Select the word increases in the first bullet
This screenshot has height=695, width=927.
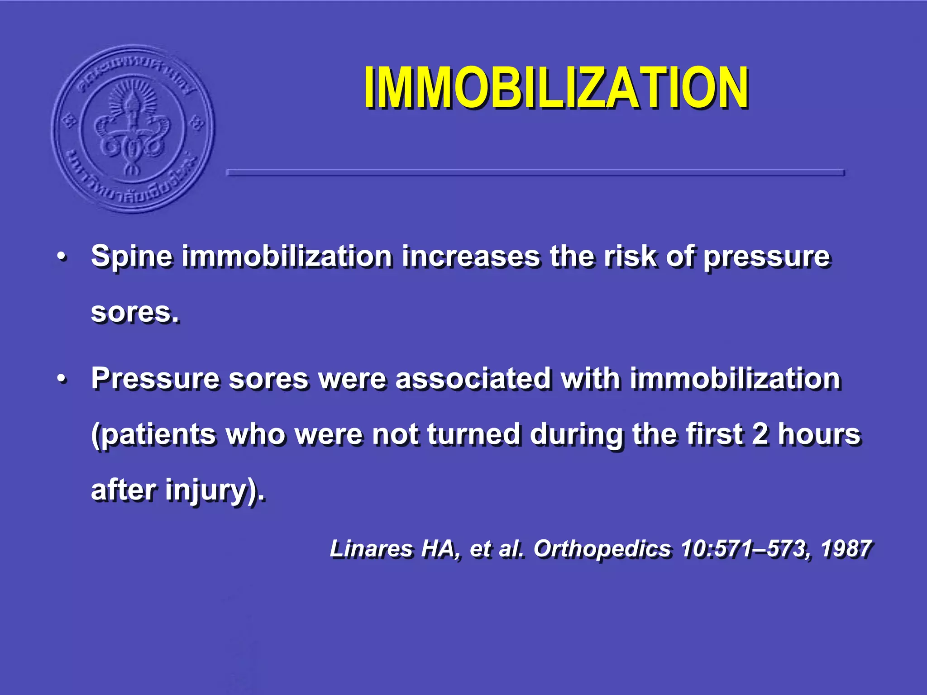471,257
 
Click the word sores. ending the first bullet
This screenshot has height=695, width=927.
135,312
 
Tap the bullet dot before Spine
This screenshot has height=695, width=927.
62,257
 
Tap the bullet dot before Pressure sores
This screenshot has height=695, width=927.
62,379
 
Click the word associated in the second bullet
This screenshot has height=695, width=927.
473,378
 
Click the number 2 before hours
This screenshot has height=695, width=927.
760,434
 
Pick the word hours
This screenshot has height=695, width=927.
819,434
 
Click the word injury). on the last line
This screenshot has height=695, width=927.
215,490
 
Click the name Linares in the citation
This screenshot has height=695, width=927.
370,549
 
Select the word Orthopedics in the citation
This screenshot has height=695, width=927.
602,549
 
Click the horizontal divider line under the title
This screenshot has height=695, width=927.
535,172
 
